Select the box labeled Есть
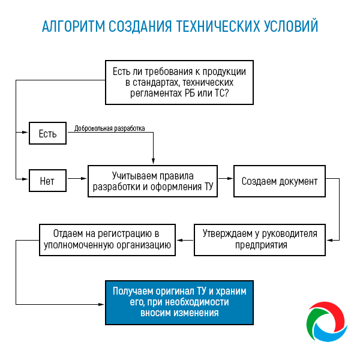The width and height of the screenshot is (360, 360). pyautogui.click(x=47, y=134)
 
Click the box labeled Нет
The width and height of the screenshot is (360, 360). pyautogui.click(x=47, y=181)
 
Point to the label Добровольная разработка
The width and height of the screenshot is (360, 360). pyautogui.click(x=109, y=128)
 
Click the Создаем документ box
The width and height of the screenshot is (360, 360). pyautogui.click(x=279, y=181)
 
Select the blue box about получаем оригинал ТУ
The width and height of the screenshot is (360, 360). pyautogui.click(x=179, y=302)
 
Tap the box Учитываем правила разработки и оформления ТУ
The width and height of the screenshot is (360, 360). pyautogui.click(x=152, y=181)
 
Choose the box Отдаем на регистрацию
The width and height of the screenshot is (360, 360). pyautogui.click(x=107, y=239)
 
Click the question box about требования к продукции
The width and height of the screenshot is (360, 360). pyautogui.click(x=179, y=82)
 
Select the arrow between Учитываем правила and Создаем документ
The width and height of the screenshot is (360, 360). pyautogui.click(x=225, y=178)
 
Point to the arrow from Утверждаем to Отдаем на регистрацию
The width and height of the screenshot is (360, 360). pyautogui.click(x=185, y=240)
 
